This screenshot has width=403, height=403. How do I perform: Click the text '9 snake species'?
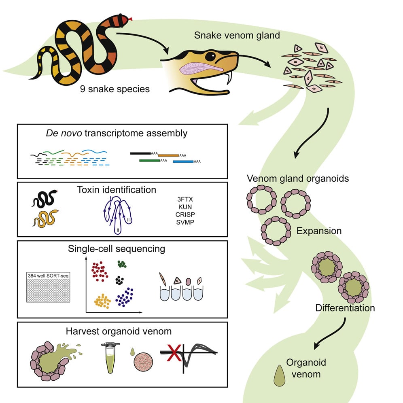[x=115, y=88]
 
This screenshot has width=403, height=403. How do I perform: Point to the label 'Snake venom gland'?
[x=237, y=35]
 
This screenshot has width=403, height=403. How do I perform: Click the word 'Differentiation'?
[x=345, y=308]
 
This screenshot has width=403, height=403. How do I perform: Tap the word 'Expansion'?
[x=319, y=231]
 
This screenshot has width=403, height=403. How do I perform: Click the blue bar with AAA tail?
[x=183, y=161]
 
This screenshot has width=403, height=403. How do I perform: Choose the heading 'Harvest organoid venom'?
[x=119, y=331]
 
